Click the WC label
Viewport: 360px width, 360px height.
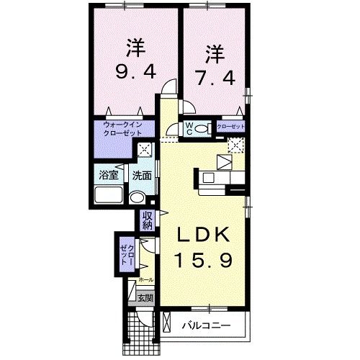point(188,129)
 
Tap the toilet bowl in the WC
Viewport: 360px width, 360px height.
point(172,130)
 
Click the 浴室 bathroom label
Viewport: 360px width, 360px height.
point(107,175)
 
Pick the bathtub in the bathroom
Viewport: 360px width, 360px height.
point(109,196)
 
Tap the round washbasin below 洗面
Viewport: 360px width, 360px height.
point(137,197)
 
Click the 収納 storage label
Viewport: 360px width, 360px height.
point(148,220)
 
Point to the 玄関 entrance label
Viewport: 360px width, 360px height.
point(145,297)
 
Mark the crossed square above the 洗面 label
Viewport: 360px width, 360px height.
point(145,150)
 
